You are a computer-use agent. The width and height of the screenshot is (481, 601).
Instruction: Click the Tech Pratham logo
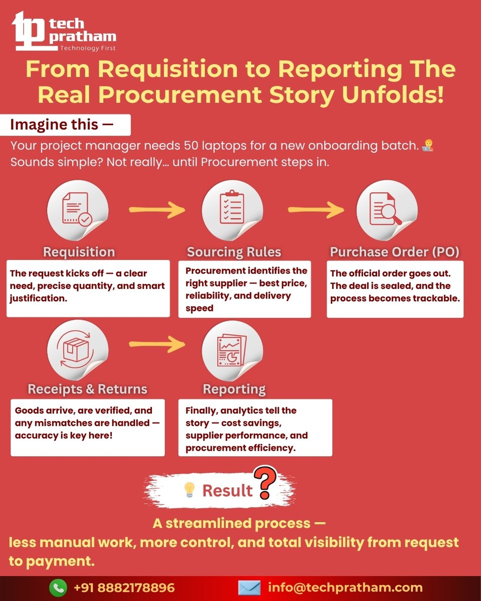pyautogui.click(x=64, y=31)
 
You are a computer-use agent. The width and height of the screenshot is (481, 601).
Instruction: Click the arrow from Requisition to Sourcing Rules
pyautogui.click(x=157, y=210)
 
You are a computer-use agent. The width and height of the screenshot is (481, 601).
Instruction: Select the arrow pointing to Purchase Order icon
pyautogui.click(x=316, y=210)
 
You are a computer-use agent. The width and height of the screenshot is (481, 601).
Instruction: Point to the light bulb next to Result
pyautogui.click(x=189, y=490)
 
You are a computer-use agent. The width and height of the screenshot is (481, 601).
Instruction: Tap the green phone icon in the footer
pyautogui.click(x=58, y=587)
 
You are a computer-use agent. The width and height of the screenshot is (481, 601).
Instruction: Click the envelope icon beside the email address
pyautogui.click(x=249, y=587)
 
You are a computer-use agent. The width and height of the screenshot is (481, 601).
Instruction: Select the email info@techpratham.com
pyautogui.click(x=345, y=587)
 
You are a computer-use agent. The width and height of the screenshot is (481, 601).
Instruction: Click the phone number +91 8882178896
pyautogui.click(x=124, y=587)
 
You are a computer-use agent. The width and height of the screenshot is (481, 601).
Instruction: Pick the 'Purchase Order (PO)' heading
pyautogui.click(x=394, y=251)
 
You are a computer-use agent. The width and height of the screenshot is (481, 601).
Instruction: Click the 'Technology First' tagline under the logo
pyautogui.click(x=88, y=48)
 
